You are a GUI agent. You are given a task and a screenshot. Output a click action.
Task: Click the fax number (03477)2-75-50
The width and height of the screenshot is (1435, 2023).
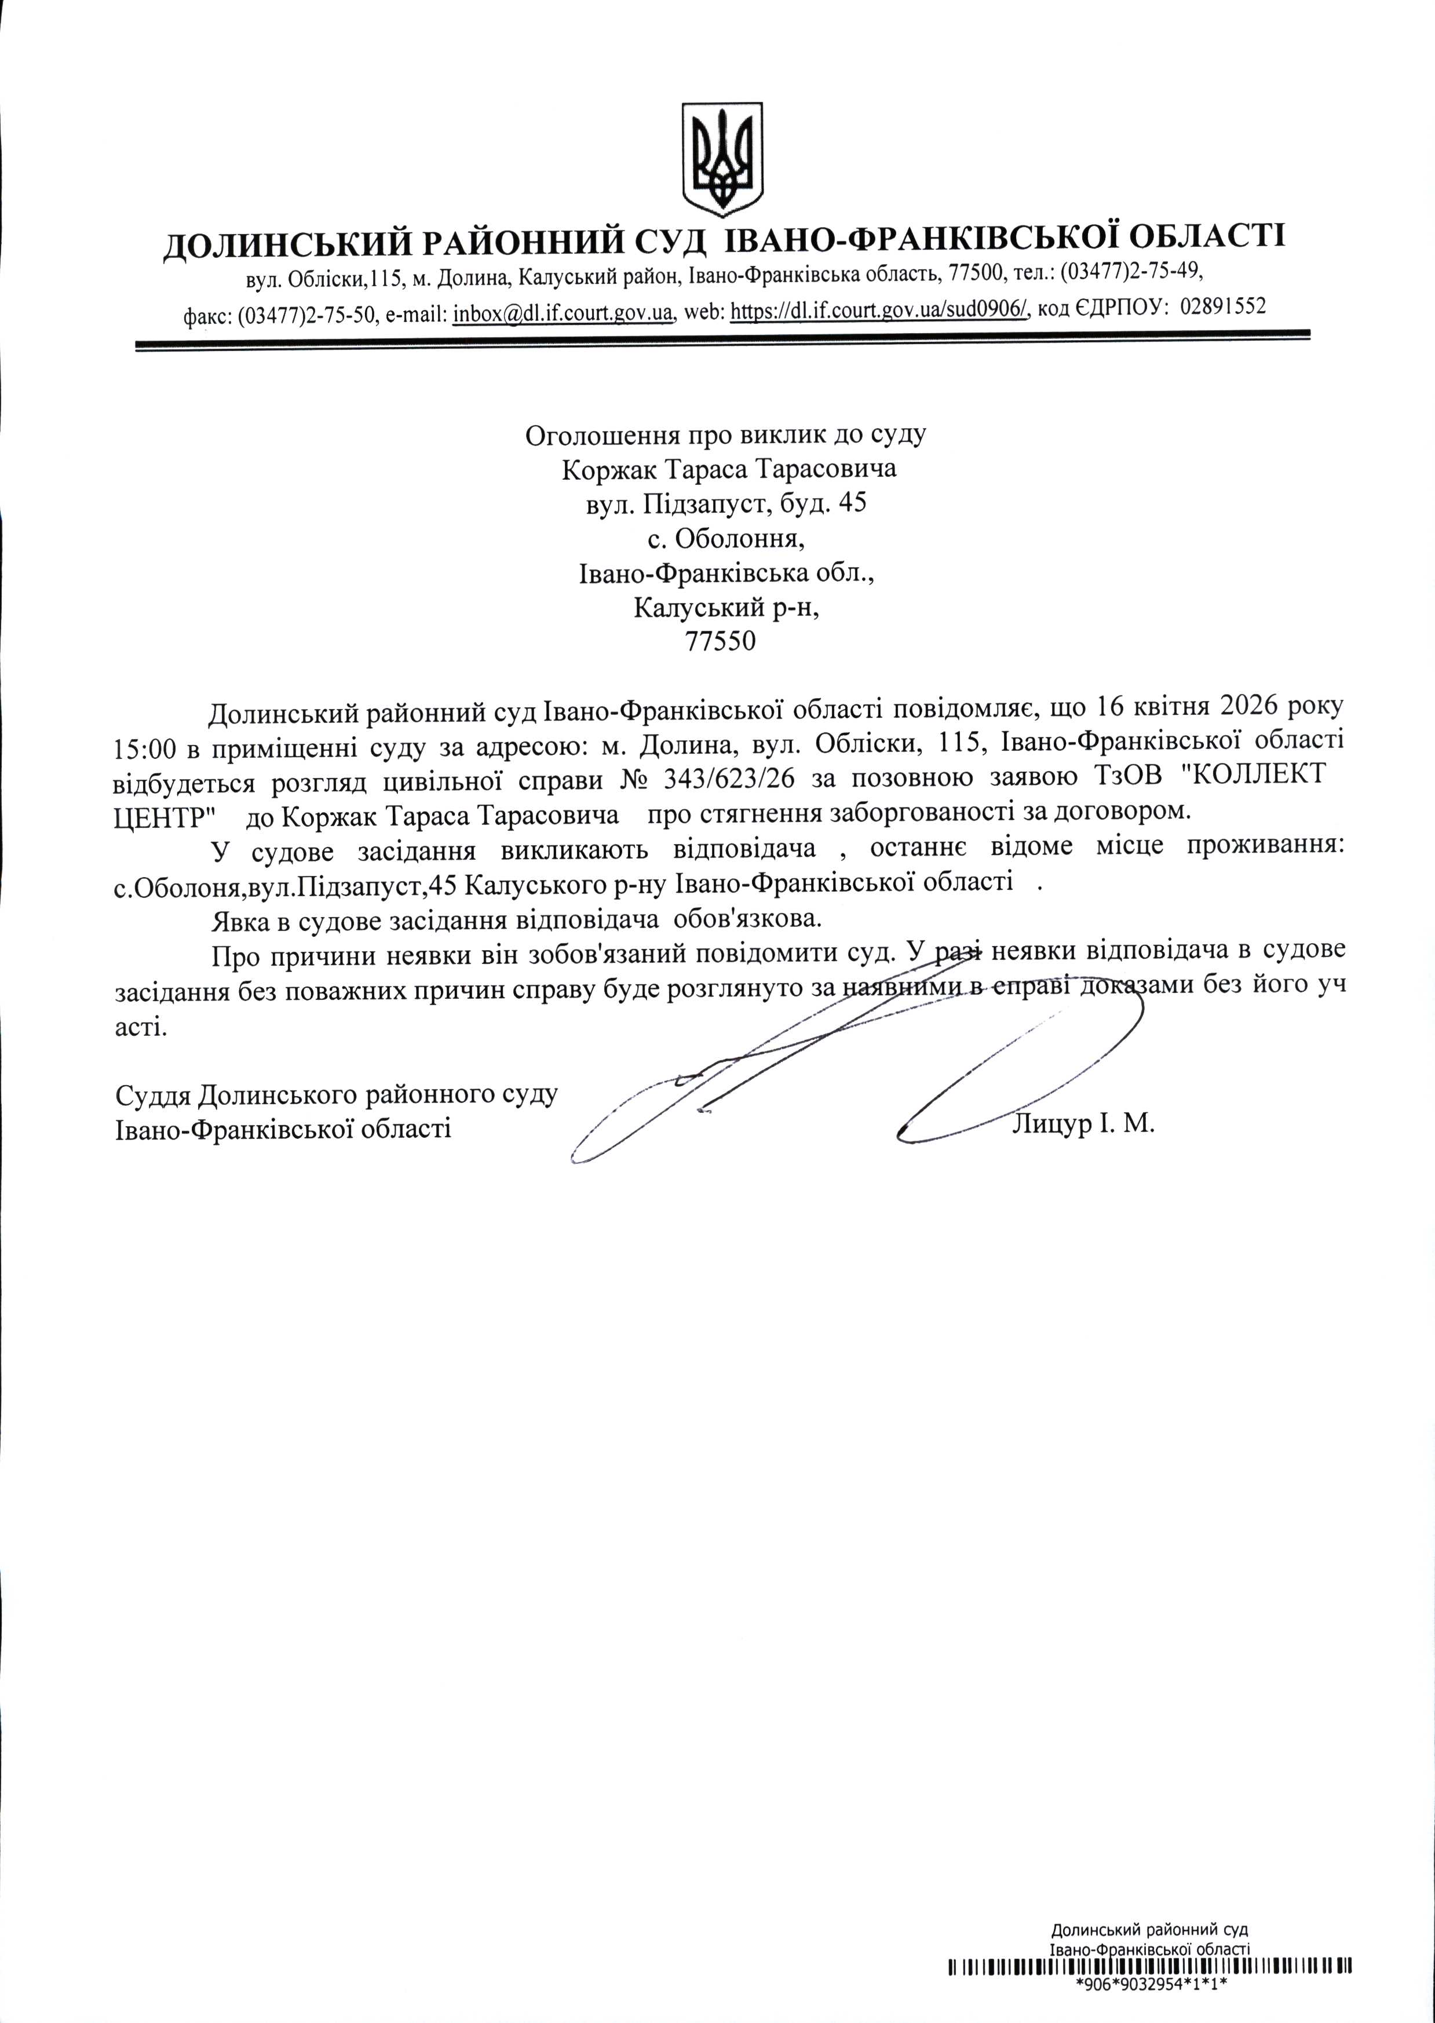(308, 315)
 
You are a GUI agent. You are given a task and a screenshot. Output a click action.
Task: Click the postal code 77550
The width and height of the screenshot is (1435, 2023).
(721, 641)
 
